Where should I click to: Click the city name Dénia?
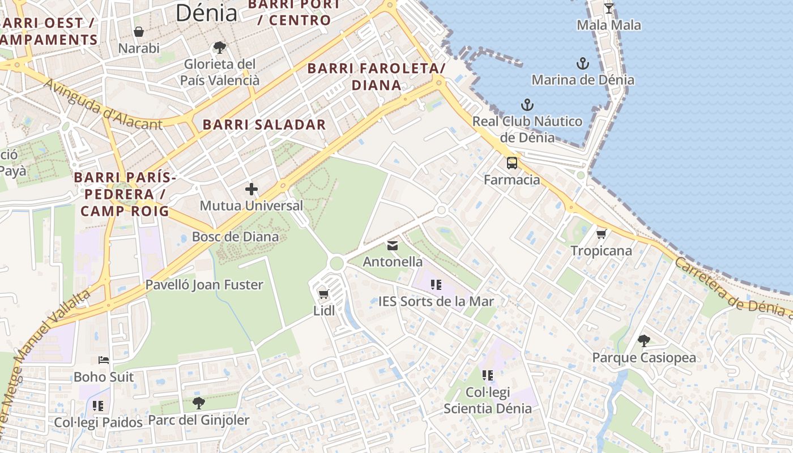(x=206, y=12)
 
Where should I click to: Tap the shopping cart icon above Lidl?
(x=323, y=294)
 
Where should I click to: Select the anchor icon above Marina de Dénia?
(x=583, y=63)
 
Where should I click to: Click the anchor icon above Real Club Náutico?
(x=527, y=105)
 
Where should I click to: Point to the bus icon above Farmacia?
(x=512, y=164)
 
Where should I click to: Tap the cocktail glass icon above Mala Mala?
(x=609, y=8)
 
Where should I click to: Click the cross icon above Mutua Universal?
(x=251, y=189)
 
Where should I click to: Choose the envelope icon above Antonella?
(x=392, y=246)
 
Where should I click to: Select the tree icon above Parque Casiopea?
(x=643, y=341)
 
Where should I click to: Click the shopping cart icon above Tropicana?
(x=601, y=234)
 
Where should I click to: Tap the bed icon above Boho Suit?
(x=104, y=360)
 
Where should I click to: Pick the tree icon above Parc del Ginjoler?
(x=198, y=403)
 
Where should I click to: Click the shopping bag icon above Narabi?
(x=139, y=32)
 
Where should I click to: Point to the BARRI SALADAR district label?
(x=264, y=125)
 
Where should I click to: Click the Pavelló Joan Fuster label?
(x=204, y=284)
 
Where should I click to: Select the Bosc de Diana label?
(x=235, y=236)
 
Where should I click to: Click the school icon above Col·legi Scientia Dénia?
(x=488, y=375)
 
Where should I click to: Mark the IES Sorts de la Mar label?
(x=436, y=301)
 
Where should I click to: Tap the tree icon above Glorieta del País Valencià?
(x=219, y=48)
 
